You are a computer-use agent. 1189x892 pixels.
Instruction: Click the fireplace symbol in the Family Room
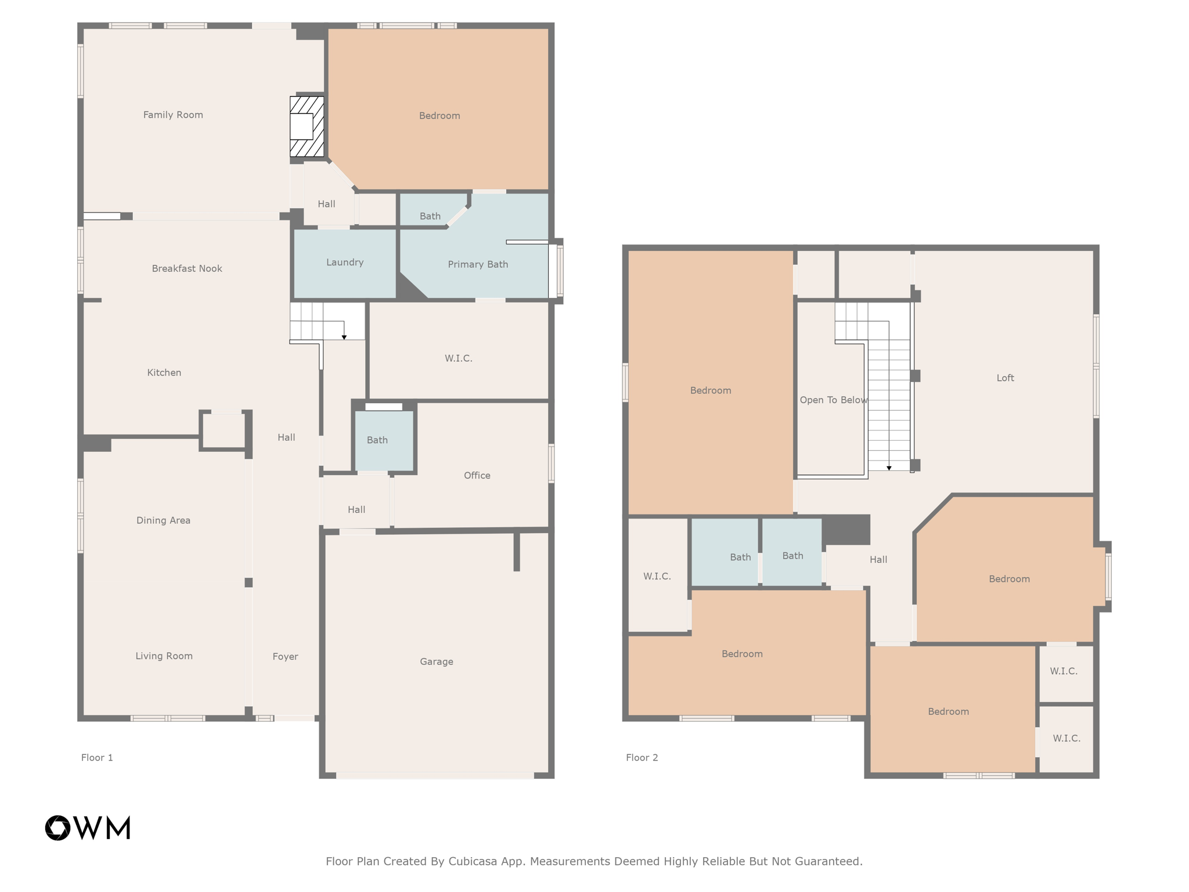pos(307,127)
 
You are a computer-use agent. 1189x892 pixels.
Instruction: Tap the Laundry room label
pos(345,262)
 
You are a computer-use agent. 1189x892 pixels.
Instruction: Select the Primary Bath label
pos(478,264)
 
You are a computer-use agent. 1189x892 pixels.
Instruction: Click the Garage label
pos(437,661)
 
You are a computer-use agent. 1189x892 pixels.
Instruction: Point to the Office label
pos(477,476)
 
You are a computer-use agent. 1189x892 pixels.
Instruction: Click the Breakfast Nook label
pos(187,268)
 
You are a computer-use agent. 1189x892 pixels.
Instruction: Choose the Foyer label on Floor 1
pos(285,656)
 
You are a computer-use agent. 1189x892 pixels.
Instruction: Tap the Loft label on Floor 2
pos(1005,378)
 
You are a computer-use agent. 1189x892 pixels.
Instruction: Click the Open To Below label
pos(833,400)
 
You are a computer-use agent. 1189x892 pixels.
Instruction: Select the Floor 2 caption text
pos(642,757)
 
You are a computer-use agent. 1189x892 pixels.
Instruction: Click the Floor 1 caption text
pos(97,757)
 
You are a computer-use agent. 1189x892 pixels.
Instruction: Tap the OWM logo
pos(88,828)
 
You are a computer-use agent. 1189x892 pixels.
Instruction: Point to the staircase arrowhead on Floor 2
pos(889,468)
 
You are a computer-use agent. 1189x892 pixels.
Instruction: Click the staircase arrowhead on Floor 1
pos(344,337)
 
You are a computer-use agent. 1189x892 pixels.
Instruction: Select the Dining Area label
pos(163,520)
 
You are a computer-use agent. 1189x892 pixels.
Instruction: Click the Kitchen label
pos(164,373)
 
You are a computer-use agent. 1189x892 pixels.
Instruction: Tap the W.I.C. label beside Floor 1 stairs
pos(459,358)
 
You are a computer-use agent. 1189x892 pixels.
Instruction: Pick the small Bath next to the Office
pos(377,440)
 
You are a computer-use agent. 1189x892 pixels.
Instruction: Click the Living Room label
pos(164,656)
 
